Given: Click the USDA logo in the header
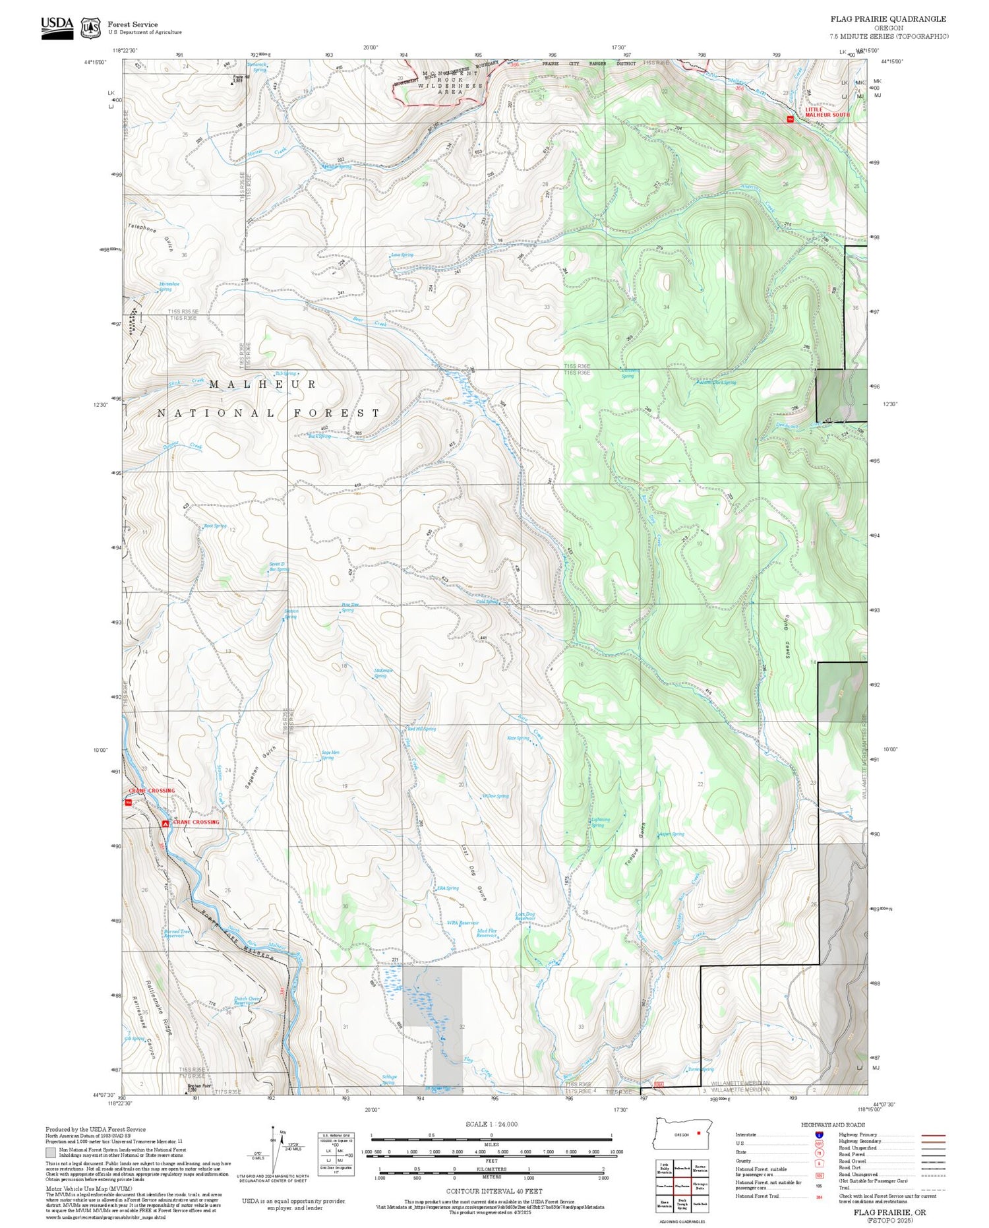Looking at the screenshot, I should click(57, 27).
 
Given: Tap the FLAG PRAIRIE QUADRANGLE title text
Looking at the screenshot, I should click(887, 19).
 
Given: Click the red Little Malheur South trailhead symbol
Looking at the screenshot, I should click(790, 119).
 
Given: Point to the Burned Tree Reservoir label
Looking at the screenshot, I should click(177, 933).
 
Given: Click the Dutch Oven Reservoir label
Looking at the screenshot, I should click(247, 1000).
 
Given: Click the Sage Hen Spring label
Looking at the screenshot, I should click(330, 755).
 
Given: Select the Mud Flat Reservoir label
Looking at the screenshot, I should click(487, 933).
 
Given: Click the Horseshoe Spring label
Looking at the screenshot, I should click(169, 286).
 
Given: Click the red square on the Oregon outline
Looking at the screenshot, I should click(698, 1134).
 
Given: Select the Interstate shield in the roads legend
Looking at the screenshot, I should click(818, 1134).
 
